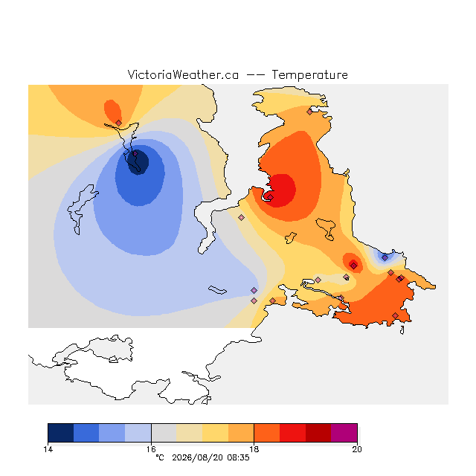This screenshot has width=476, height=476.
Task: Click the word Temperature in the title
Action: click(309, 74)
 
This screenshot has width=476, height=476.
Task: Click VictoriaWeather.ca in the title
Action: click(183, 74)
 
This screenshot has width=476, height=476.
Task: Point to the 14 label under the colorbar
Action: click(48, 449)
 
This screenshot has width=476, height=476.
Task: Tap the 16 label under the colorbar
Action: click(151, 449)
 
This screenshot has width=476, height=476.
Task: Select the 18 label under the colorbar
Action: click(254, 449)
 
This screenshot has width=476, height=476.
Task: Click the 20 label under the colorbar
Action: click(357, 449)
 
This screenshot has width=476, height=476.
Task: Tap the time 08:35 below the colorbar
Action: click(238, 457)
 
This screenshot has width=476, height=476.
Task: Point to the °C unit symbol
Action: click(160, 457)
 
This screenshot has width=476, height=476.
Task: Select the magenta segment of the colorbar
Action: click(344, 433)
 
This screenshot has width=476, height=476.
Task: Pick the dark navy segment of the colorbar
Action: click(61, 433)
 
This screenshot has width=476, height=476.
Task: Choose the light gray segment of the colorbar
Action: click(164, 433)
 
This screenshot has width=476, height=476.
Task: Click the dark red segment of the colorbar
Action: click(318, 433)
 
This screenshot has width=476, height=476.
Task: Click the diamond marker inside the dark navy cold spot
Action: click(135, 154)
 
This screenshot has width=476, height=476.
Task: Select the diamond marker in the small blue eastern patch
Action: click(385, 258)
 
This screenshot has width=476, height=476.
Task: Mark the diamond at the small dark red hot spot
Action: click(354, 266)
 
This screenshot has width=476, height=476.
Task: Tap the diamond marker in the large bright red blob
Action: click(270, 197)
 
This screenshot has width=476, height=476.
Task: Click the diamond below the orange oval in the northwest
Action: click(119, 123)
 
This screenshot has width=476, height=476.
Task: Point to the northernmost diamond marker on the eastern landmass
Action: click(309, 112)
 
